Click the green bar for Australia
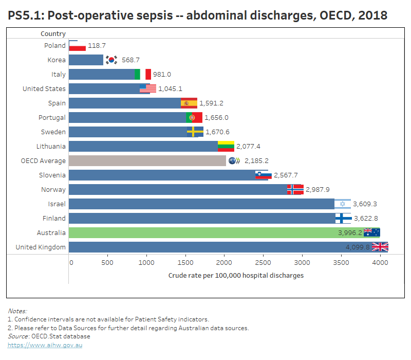(x=216, y=232)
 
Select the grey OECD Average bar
(x=147, y=160)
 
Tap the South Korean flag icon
(x=111, y=60)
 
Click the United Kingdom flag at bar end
(x=380, y=247)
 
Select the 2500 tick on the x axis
(x=263, y=262)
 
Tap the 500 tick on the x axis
(x=107, y=262)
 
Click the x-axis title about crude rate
(x=236, y=275)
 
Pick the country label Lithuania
(x=51, y=146)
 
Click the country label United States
(x=44, y=88)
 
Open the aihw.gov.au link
(x=45, y=345)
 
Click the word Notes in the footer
(x=17, y=311)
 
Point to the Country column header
(x=53, y=34)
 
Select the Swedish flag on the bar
(x=195, y=132)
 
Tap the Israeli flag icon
(x=343, y=204)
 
